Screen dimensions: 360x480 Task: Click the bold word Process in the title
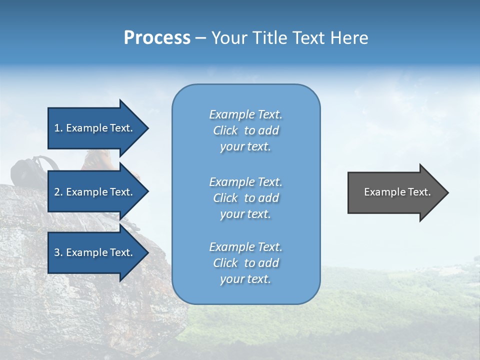[157, 38]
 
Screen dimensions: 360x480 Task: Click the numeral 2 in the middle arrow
[57, 192]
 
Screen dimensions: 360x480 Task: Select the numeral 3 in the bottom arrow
[57, 252]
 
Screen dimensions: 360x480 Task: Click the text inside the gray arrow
[397, 192]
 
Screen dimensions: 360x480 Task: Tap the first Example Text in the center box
[245, 114]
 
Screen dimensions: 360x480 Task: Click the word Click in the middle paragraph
[225, 198]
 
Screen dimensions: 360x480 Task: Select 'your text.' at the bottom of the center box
[245, 279]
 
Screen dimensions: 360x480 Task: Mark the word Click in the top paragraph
[225, 130]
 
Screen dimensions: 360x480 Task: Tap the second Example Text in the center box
[245, 182]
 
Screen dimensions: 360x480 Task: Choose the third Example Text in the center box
[245, 247]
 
